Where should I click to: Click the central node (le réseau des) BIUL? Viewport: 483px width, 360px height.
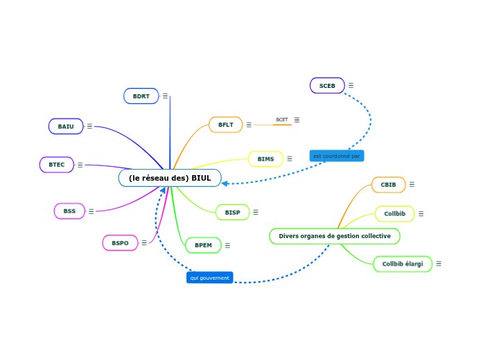point(170,178)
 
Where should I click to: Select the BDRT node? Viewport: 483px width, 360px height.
point(141,96)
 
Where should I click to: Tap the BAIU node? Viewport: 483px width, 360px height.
point(66,126)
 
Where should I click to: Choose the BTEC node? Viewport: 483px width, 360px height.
point(57,165)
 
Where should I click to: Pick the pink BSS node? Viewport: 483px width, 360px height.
point(69,211)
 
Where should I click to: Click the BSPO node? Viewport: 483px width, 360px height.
point(120,243)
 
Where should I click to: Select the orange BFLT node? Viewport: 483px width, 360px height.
point(226,125)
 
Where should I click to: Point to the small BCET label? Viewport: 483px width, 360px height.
point(282,120)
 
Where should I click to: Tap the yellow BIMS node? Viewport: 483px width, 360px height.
point(265,159)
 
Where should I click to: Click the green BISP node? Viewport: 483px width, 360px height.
point(232,213)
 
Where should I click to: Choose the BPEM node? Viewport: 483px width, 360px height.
point(203,245)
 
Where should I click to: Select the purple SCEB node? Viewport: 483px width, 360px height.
point(327,86)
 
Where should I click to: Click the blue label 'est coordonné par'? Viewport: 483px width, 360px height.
point(337,156)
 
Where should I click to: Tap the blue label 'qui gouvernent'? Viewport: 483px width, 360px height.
point(209,278)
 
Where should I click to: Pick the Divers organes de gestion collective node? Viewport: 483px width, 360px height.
point(335,236)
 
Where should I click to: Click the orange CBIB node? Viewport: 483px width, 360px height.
point(389,185)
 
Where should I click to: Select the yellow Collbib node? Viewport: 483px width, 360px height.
point(395,214)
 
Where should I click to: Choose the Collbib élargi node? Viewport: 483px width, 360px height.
point(403,264)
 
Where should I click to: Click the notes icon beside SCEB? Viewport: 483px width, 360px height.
point(351,85)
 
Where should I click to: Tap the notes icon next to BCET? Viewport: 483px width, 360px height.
point(297,120)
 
